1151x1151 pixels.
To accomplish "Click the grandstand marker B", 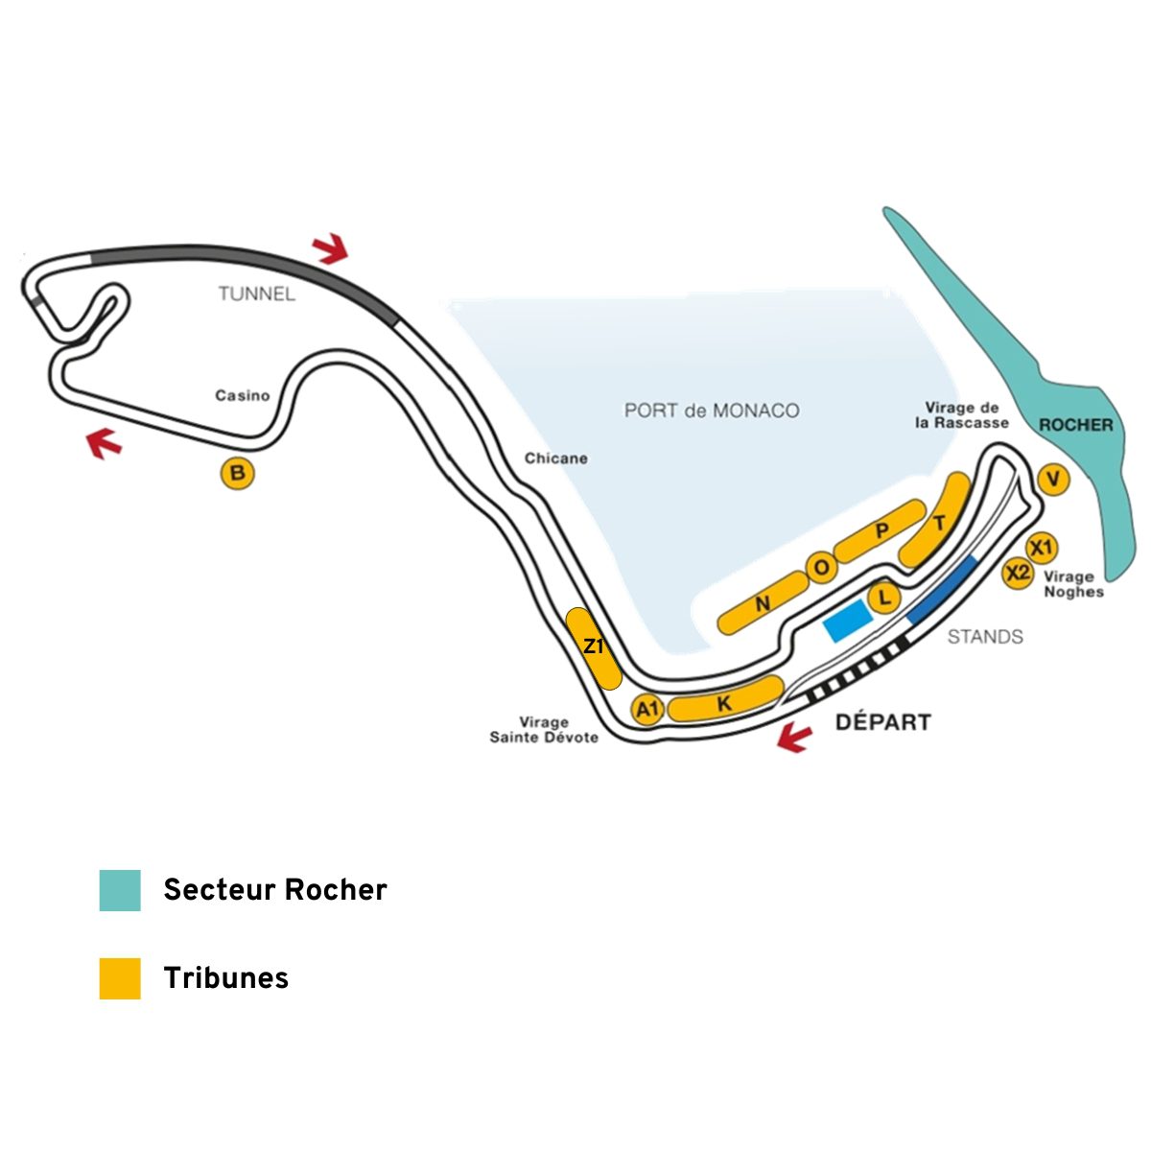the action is (238, 473).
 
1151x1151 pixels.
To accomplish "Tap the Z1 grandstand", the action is (594, 648).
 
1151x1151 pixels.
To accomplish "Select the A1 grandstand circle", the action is (647, 709).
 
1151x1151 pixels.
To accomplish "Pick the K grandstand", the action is (725, 699).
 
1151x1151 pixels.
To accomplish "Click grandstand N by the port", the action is (763, 602).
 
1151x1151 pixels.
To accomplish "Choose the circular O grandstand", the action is (822, 568).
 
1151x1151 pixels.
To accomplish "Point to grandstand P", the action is (881, 531).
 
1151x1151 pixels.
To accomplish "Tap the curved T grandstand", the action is (935, 521).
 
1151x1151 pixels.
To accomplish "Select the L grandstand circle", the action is (884, 596).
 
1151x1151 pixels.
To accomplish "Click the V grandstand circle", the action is (1053, 479).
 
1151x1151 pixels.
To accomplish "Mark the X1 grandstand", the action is (1042, 547).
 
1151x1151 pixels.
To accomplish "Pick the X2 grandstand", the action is (1018, 573).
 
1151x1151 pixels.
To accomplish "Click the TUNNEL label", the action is (257, 294).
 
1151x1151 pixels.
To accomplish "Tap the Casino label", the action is (243, 395).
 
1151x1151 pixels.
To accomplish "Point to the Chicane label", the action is (556, 458).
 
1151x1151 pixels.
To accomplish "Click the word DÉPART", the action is (882, 722).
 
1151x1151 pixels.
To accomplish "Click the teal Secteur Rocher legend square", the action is (120, 890).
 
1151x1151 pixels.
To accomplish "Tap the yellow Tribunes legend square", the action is (120, 979).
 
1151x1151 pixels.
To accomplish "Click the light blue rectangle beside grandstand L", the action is (847, 622).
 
